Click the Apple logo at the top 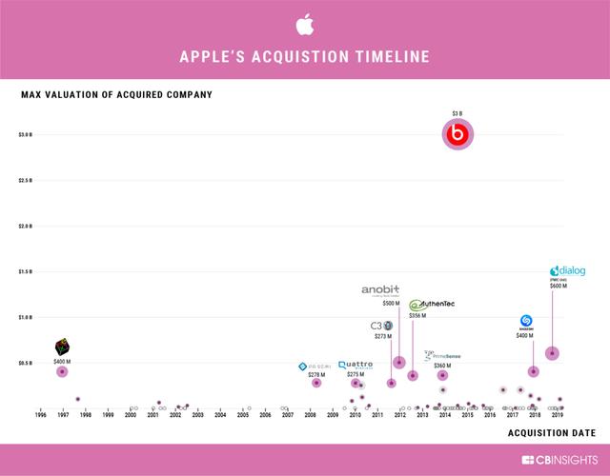pyautogui.click(x=304, y=23)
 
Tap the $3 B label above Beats pyautogui.click(x=457, y=114)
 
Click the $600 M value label pyautogui.click(x=558, y=286)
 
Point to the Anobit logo pyautogui.click(x=380, y=290)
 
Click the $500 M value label pyautogui.click(x=391, y=304)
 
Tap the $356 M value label pyautogui.click(x=417, y=315)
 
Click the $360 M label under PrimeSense pyautogui.click(x=442, y=366)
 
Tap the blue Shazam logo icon pyautogui.click(x=525, y=322)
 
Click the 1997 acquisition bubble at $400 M pyautogui.click(x=62, y=371)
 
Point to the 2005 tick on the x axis pyautogui.click(x=243, y=416)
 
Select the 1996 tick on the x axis pyautogui.click(x=40, y=416)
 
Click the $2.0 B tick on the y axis pyautogui.click(x=25, y=227)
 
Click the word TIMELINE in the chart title pyautogui.click(x=386, y=57)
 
